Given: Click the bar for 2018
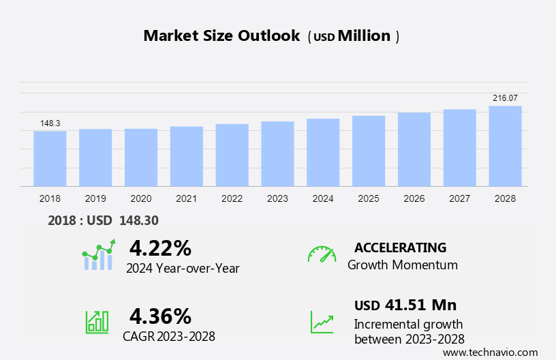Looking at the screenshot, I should click(x=50, y=158).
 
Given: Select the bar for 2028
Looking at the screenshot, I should click(x=505, y=146).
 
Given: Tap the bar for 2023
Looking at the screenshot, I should click(x=277, y=153).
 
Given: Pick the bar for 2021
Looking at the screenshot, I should click(x=186, y=156).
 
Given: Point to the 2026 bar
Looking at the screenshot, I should click(x=414, y=149).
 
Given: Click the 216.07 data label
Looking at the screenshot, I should click(x=505, y=98).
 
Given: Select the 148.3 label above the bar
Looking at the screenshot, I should click(x=50, y=123).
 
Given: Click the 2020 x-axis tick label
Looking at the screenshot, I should click(x=141, y=198).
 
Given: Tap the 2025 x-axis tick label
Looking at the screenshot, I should click(x=369, y=198).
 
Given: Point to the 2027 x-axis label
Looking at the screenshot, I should click(x=460, y=198).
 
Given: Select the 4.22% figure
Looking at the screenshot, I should click(x=160, y=247).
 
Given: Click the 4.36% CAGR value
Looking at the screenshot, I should click(x=160, y=316).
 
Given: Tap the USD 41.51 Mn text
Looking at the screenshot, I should click(x=405, y=305).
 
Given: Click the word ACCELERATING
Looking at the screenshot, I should click(x=400, y=247).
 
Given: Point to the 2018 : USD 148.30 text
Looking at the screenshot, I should click(x=103, y=221).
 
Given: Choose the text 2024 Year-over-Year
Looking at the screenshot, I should click(x=183, y=268).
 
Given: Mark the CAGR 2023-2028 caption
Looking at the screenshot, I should click(x=169, y=336).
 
